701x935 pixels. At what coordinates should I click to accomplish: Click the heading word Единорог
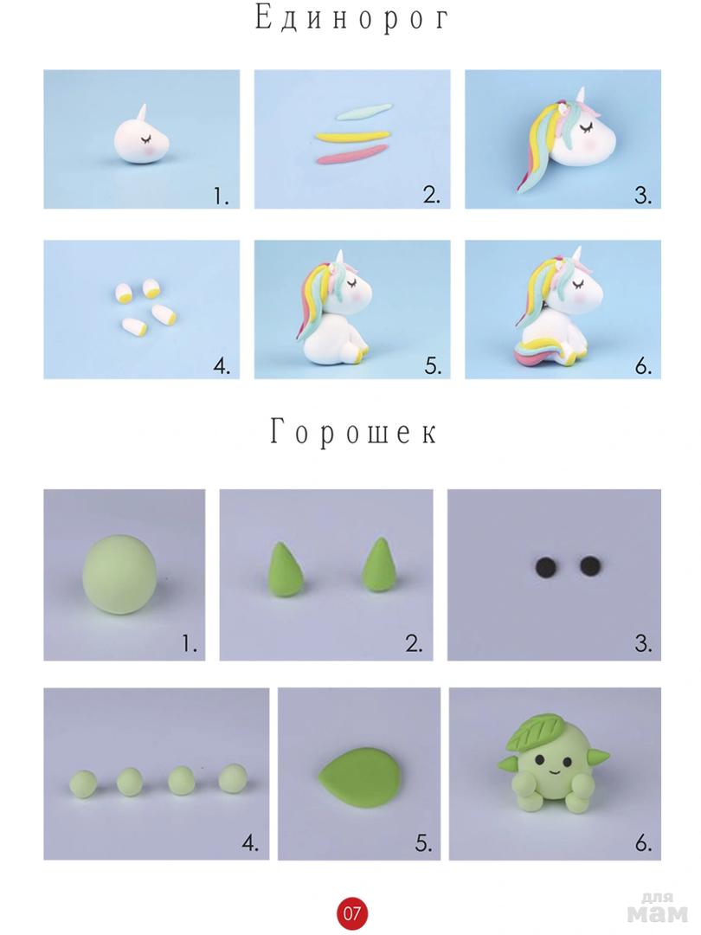tap(351, 18)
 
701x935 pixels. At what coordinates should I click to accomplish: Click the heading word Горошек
tap(353, 431)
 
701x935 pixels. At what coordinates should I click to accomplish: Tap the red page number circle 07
tap(351, 912)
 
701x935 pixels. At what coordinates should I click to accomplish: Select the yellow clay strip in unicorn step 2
tap(353, 135)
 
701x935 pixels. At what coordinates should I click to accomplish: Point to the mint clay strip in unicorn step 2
tap(363, 112)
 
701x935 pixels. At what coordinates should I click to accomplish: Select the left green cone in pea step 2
tap(286, 568)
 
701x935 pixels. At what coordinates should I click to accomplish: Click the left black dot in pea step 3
tap(544, 566)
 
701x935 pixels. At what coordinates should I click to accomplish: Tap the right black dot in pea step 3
tap(589, 565)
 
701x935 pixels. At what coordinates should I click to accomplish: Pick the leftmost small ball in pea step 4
tap(83, 783)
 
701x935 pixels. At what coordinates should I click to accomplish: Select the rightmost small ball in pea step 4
tap(233, 778)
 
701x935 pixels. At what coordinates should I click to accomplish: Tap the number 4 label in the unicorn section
tap(222, 365)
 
